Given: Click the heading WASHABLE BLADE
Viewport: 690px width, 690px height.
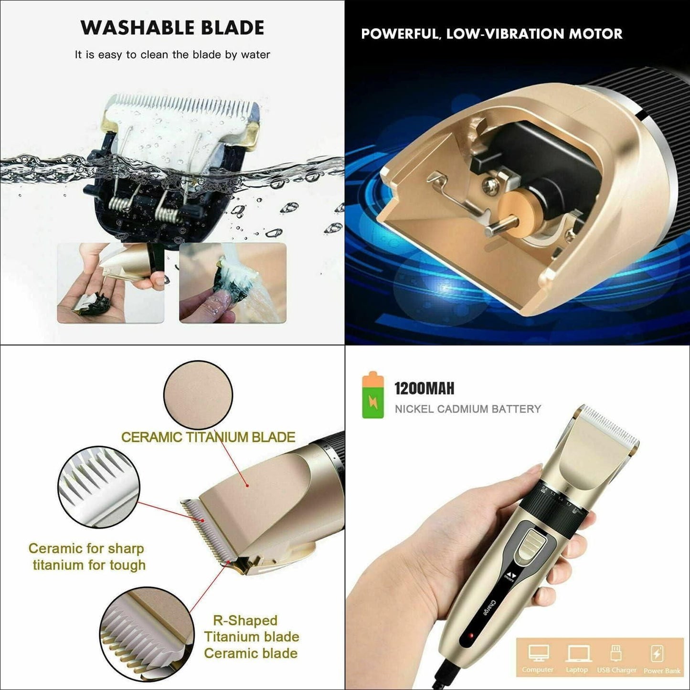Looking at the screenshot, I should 172,28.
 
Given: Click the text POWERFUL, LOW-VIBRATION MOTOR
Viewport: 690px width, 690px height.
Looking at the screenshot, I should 491,34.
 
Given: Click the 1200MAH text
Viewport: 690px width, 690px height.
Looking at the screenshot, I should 424,388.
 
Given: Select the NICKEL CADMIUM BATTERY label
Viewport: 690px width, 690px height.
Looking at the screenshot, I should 467,409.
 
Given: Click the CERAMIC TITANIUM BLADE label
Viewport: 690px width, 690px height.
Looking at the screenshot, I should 208,437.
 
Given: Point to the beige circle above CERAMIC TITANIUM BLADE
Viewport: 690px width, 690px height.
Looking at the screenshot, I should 198,395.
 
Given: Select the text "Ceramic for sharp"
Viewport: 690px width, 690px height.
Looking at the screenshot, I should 86,548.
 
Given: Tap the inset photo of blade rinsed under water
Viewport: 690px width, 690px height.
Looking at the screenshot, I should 233,283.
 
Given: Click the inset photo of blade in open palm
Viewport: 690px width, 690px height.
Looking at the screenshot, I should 111,283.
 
